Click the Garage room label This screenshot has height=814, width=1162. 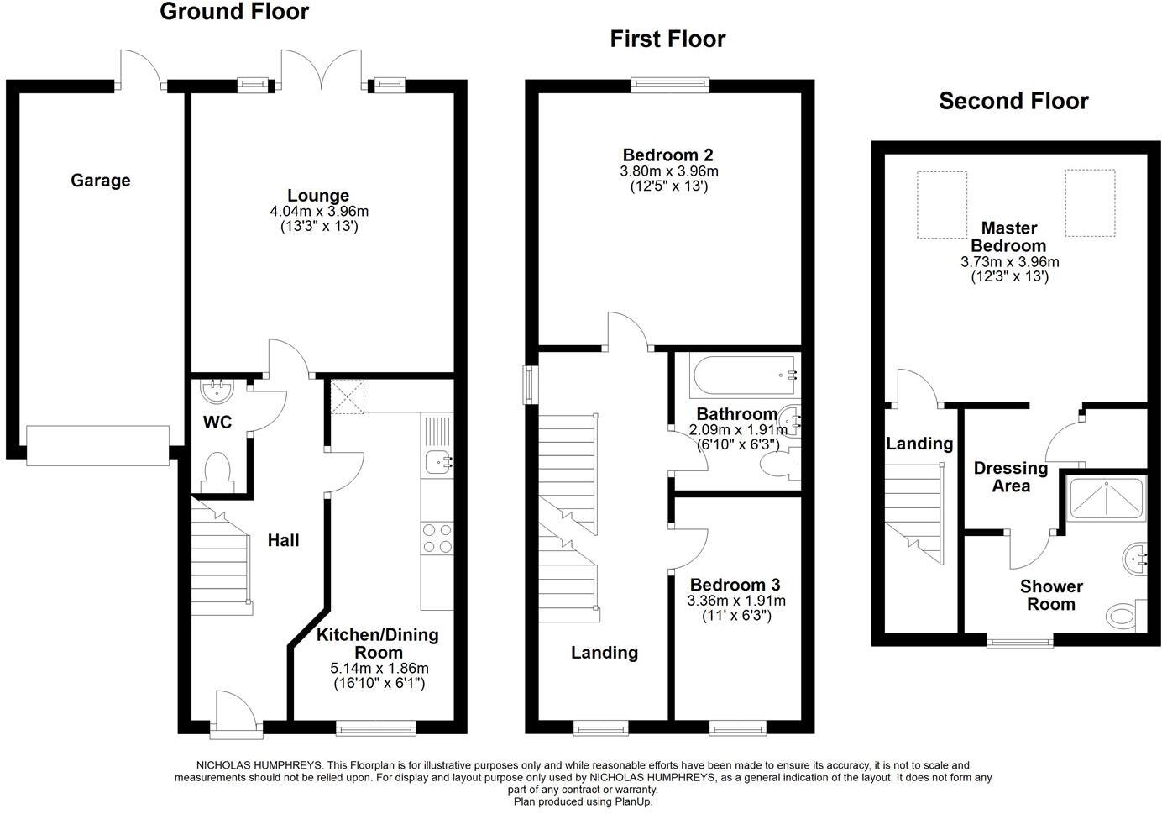click(x=100, y=181)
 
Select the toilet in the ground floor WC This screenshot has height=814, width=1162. click(x=217, y=470)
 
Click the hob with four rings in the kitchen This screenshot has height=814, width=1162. click(x=437, y=538)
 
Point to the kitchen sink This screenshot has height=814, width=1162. click(x=437, y=460)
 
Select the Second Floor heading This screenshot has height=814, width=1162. click(x=1013, y=102)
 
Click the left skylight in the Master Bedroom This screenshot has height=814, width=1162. click(x=941, y=205)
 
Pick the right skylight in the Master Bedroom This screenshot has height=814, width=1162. click(x=1090, y=202)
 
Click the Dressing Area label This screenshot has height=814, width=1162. click(x=1010, y=476)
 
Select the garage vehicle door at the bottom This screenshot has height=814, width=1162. click(x=98, y=445)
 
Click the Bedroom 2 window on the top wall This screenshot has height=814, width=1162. click(x=669, y=83)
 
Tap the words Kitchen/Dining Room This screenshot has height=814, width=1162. click(x=378, y=643)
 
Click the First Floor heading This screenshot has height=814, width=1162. click(x=667, y=39)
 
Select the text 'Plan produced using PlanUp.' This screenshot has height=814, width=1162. click(x=583, y=801)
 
